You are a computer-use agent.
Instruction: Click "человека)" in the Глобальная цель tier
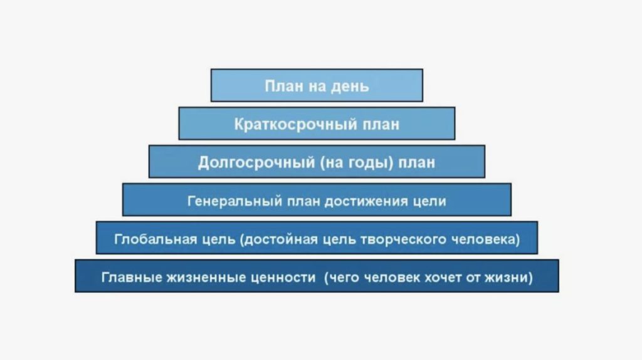pyautogui.click(x=486, y=239)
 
